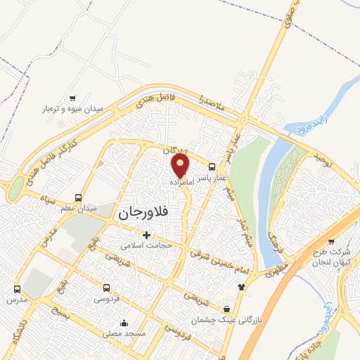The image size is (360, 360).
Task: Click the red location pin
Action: (x=181, y=165)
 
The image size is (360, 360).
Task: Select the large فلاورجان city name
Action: (x=146, y=212)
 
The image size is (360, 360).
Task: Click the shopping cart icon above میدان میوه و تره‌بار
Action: (x=72, y=98)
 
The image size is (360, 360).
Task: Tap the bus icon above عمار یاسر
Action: (x=212, y=167)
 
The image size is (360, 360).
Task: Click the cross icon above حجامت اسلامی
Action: (x=146, y=235)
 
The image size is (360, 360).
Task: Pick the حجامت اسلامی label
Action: (x=144, y=245)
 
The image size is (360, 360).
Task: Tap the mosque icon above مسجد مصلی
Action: (x=124, y=323)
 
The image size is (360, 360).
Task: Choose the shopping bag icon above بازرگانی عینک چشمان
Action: (x=226, y=309)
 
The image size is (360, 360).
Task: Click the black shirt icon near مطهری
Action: (x=242, y=287)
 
